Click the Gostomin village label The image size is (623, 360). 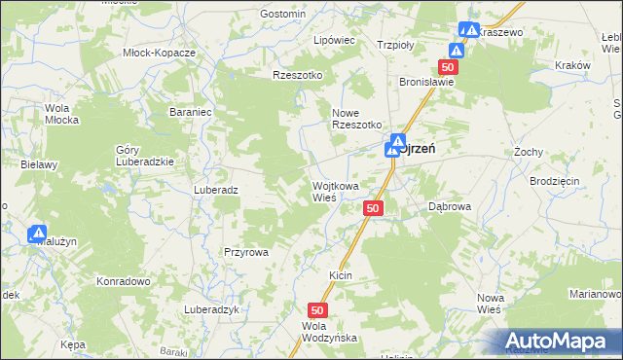pyautogui.click(x=283, y=15)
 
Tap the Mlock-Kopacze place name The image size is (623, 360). pyautogui.click(x=160, y=53)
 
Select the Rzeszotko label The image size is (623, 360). pyautogui.click(x=298, y=75)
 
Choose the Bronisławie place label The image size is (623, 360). pyautogui.click(x=427, y=83)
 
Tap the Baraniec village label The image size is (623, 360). pyautogui.click(x=191, y=113)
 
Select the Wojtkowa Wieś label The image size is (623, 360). pyautogui.click(x=335, y=191)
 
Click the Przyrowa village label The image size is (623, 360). pyautogui.click(x=245, y=251)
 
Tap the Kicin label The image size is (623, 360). pyautogui.click(x=340, y=276)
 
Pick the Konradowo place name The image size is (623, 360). pyautogui.click(x=122, y=281)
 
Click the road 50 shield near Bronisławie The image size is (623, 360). pyautogui.click(x=448, y=66)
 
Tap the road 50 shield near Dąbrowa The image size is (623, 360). pyautogui.click(x=375, y=209)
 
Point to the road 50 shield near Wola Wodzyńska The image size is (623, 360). pyautogui.click(x=322, y=308)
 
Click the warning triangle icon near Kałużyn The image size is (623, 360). pyautogui.click(x=38, y=234)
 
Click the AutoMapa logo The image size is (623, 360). pyautogui.click(x=557, y=341)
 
